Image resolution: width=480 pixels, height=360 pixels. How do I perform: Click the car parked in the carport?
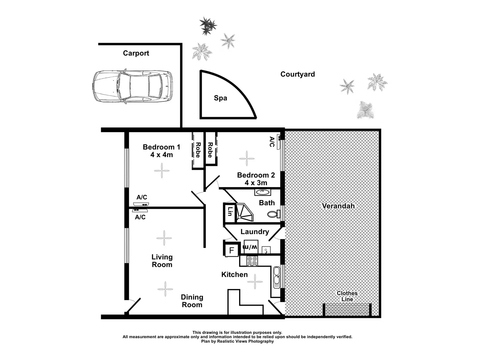coord(132,86)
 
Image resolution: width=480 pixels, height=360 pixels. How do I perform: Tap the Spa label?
coord(220,98)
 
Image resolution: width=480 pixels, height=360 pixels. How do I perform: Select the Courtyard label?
coord(297,74)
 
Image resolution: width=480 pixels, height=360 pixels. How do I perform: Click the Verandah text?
coord(338,206)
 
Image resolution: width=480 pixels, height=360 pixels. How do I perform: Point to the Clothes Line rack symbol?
coord(347,309)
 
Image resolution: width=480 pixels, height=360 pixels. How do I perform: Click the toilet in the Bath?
coord(273,214)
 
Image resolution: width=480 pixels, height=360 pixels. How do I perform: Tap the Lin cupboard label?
coord(230,212)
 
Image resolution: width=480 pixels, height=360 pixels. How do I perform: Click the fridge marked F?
coord(232,250)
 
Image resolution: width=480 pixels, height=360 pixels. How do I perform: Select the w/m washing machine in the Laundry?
coord(251,247)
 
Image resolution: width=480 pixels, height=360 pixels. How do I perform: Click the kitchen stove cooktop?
coord(252,261)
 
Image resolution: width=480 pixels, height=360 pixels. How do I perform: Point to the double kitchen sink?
coord(277,277)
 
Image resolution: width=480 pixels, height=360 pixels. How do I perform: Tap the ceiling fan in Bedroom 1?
coord(162,170)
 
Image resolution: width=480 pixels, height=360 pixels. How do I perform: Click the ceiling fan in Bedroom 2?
coord(247,159)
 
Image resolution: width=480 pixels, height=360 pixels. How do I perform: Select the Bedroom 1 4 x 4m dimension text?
coord(161,155)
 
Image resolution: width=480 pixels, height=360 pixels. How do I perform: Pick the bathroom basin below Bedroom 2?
coord(262,192)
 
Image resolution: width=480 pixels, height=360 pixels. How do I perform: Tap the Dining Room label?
coord(192,301)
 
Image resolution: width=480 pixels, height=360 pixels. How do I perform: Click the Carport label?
coord(136,53)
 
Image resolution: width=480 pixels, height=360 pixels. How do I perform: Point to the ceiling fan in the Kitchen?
coord(255,282)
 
